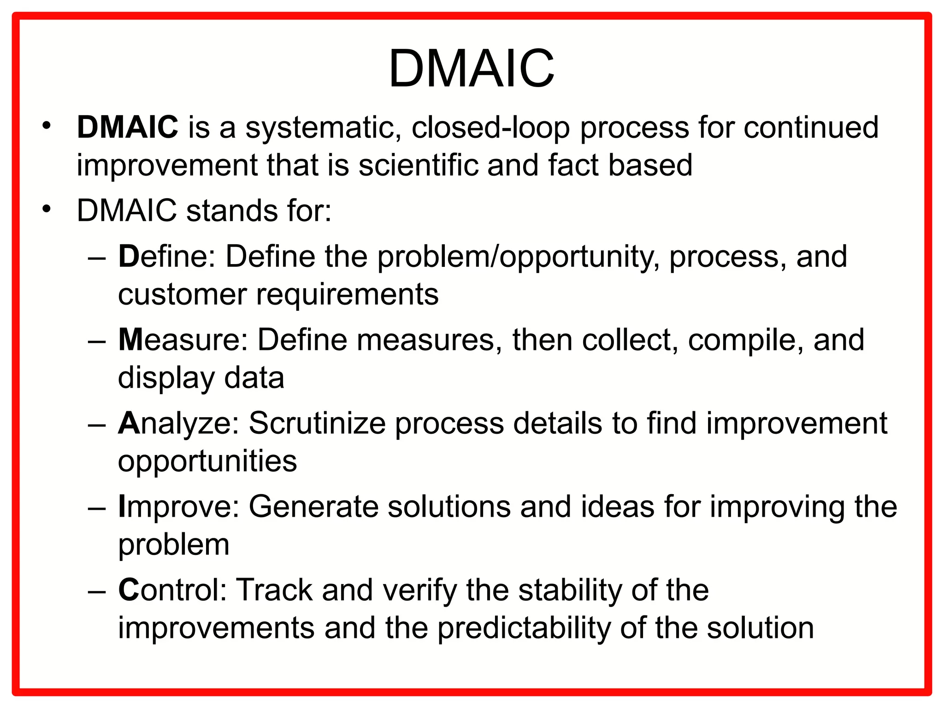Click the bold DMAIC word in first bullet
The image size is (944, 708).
click(x=127, y=127)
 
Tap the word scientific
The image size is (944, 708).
click(x=419, y=165)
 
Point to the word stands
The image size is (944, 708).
click(x=232, y=211)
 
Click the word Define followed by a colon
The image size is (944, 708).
click(x=166, y=256)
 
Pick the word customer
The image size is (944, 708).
click(x=182, y=294)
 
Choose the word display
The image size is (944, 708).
click(x=166, y=378)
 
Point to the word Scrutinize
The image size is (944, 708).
click(x=317, y=423)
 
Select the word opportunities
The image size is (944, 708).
click(x=207, y=461)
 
